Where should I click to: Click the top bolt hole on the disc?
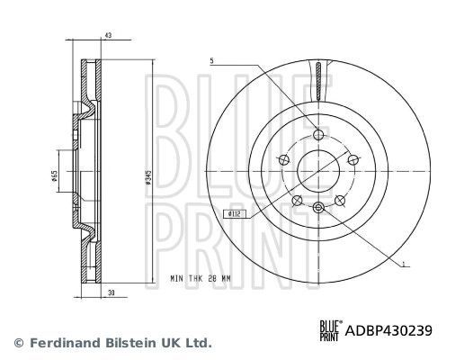pyautogui.click(x=318, y=135)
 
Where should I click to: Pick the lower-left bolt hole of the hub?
pyautogui.click(x=298, y=198)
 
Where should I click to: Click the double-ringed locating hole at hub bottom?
pyautogui.click(x=318, y=208)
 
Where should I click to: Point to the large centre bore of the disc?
pyautogui.click(x=318, y=170)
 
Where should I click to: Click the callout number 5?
pyautogui.click(x=212, y=60)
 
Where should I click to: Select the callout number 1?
pyautogui.click(x=405, y=265)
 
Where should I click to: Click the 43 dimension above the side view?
pyautogui.click(x=108, y=35)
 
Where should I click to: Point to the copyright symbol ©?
pyautogui.click(x=18, y=343)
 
